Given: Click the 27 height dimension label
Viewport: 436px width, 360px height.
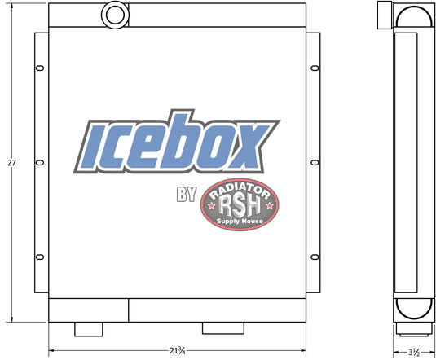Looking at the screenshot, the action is click(11, 163).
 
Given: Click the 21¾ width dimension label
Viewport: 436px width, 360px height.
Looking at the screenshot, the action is click(178, 351).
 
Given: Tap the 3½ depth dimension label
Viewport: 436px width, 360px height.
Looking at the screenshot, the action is click(414, 353).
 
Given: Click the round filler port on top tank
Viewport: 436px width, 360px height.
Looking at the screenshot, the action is click(115, 15).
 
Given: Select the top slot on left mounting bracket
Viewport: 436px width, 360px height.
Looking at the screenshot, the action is click(40, 68).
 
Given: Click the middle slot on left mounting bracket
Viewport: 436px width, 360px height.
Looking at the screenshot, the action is click(40, 163).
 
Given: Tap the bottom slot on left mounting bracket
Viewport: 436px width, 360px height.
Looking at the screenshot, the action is click(40, 257).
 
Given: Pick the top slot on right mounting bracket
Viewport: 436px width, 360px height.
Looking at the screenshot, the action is click(315, 68).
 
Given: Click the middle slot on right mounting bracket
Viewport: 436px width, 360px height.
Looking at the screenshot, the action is click(315, 163).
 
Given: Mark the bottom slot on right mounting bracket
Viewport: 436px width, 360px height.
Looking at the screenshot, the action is click(315, 257).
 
